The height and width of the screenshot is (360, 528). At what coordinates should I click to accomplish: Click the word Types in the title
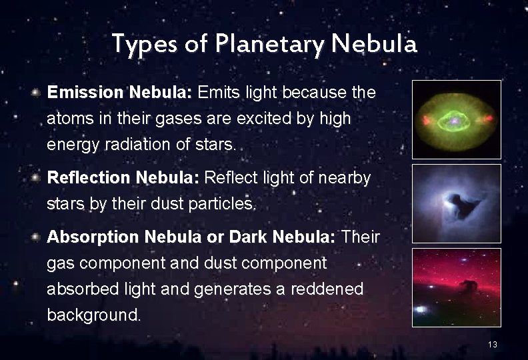tap(138, 45)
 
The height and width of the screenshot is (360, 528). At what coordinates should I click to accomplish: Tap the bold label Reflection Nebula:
tap(123, 178)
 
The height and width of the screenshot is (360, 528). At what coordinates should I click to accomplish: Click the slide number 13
tap(493, 345)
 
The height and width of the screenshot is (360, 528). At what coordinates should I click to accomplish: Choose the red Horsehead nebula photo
tap(456, 287)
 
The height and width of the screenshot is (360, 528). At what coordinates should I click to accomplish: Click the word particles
tap(217, 203)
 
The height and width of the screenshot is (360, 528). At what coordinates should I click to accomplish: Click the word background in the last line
tap(93, 314)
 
